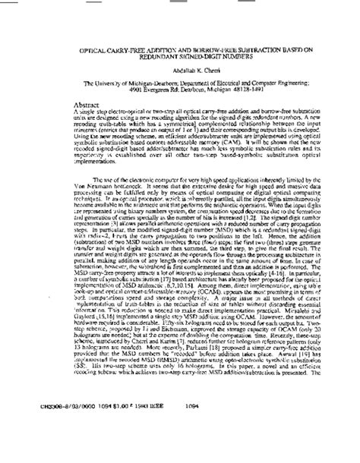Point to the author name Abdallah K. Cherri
coord(180,75)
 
